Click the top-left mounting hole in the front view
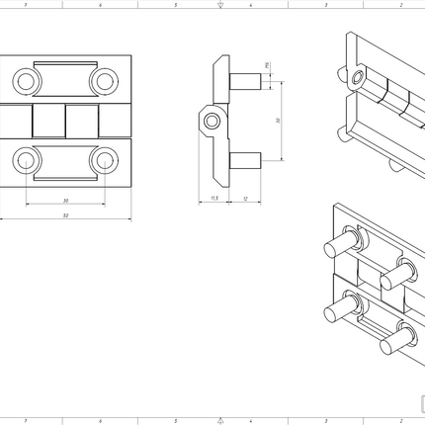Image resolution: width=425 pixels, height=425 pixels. (x=24, y=79)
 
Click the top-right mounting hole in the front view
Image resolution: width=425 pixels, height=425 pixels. (x=104, y=79)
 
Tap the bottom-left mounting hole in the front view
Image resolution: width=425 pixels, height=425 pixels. (x=24, y=159)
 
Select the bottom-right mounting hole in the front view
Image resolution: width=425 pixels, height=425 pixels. (x=104, y=159)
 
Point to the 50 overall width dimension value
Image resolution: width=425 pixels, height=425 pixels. (x=65, y=214)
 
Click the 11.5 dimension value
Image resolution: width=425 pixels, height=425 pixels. (x=213, y=198)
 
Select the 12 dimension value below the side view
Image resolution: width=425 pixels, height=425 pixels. (x=245, y=198)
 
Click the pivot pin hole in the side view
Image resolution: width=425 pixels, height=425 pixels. (x=210, y=121)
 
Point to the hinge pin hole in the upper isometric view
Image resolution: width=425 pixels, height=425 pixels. (x=357, y=77)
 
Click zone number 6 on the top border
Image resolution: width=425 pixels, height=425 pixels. (x=99, y=5)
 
